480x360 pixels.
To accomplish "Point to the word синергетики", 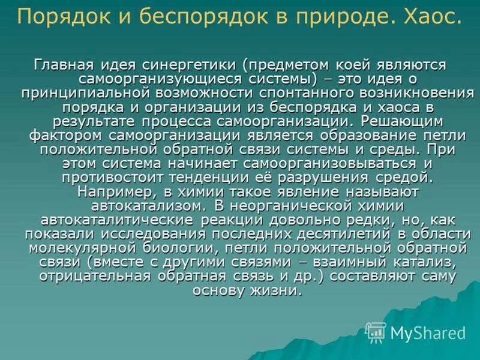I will pyautogui.click(x=188, y=64).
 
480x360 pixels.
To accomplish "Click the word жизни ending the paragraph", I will pyautogui.click(x=278, y=291).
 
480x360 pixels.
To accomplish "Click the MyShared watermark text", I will pyautogui.click(x=428, y=332).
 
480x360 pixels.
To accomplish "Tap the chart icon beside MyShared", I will pyautogui.click(x=376, y=332).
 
